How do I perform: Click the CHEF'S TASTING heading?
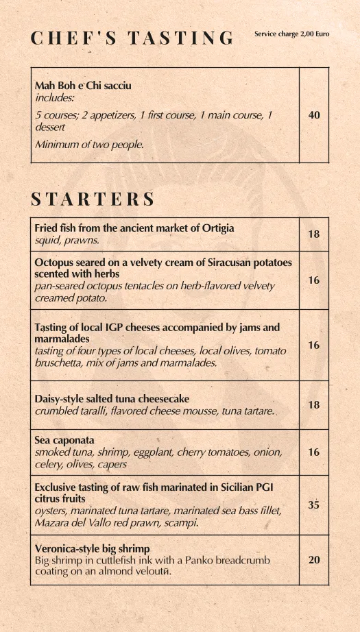[132, 38]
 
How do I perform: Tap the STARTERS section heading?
[93, 199]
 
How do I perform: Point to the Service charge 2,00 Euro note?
[291, 34]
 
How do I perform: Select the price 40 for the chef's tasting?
[314, 115]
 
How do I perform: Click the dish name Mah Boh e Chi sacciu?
[83, 86]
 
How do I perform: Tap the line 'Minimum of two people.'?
[89, 144]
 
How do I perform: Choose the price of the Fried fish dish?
[314, 234]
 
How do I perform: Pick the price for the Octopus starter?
[314, 280]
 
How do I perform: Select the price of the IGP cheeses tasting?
[314, 345]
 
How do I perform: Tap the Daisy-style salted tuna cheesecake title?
[112, 399]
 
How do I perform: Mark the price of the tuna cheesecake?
[314, 405]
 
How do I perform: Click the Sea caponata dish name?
[64, 440]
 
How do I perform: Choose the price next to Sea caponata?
[314, 452]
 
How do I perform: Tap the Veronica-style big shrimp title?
[92, 548]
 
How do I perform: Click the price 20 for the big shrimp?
[314, 560]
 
